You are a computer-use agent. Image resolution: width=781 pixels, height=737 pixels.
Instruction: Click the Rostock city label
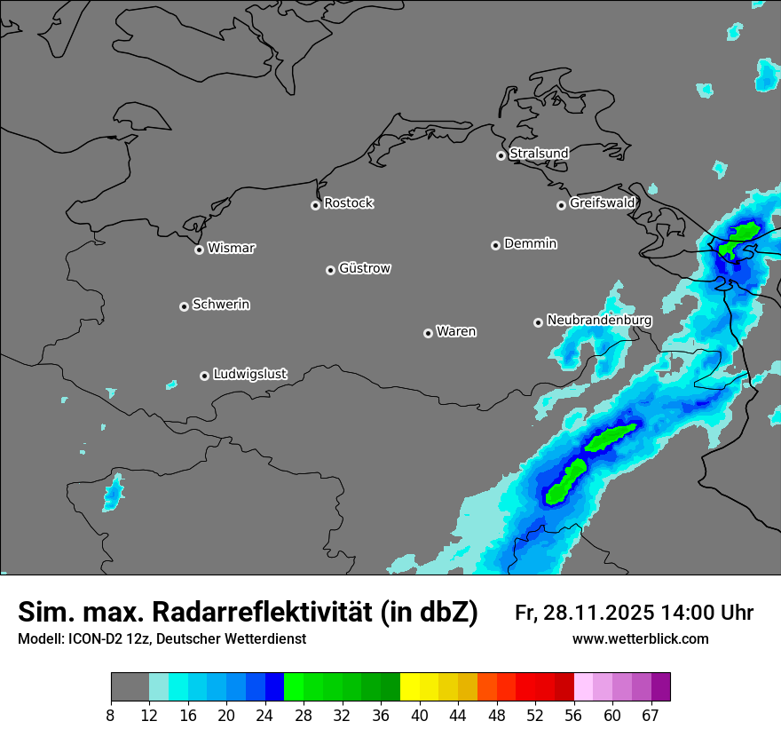click(348, 203)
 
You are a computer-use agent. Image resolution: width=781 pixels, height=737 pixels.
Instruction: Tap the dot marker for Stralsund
click(501, 155)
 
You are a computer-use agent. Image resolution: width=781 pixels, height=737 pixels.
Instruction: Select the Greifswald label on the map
click(602, 203)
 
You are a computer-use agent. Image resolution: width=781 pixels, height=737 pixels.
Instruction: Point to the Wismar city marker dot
click(199, 250)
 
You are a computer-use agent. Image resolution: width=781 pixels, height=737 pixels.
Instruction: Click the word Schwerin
click(221, 305)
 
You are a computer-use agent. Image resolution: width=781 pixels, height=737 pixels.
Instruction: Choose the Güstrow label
click(365, 268)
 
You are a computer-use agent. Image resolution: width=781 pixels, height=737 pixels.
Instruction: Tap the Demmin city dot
click(495, 245)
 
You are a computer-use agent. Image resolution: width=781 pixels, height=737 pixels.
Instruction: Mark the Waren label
click(456, 332)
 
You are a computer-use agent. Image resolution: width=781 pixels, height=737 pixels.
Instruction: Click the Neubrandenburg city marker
click(538, 322)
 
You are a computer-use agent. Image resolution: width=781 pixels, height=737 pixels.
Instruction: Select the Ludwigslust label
click(249, 374)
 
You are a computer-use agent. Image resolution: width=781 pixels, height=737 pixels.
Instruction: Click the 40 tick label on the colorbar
click(419, 716)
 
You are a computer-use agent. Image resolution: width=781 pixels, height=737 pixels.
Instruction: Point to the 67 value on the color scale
click(651, 716)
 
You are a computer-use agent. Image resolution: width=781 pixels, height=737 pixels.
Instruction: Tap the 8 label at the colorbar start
click(111, 716)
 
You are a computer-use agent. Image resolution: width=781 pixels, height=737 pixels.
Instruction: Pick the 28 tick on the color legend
click(304, 716)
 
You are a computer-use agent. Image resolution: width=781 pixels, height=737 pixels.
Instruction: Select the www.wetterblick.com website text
click(640, 639)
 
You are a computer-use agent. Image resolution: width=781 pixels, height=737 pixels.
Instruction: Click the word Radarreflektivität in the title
click(262, 612)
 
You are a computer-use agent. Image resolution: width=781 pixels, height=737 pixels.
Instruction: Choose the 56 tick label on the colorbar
click(573, 716)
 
